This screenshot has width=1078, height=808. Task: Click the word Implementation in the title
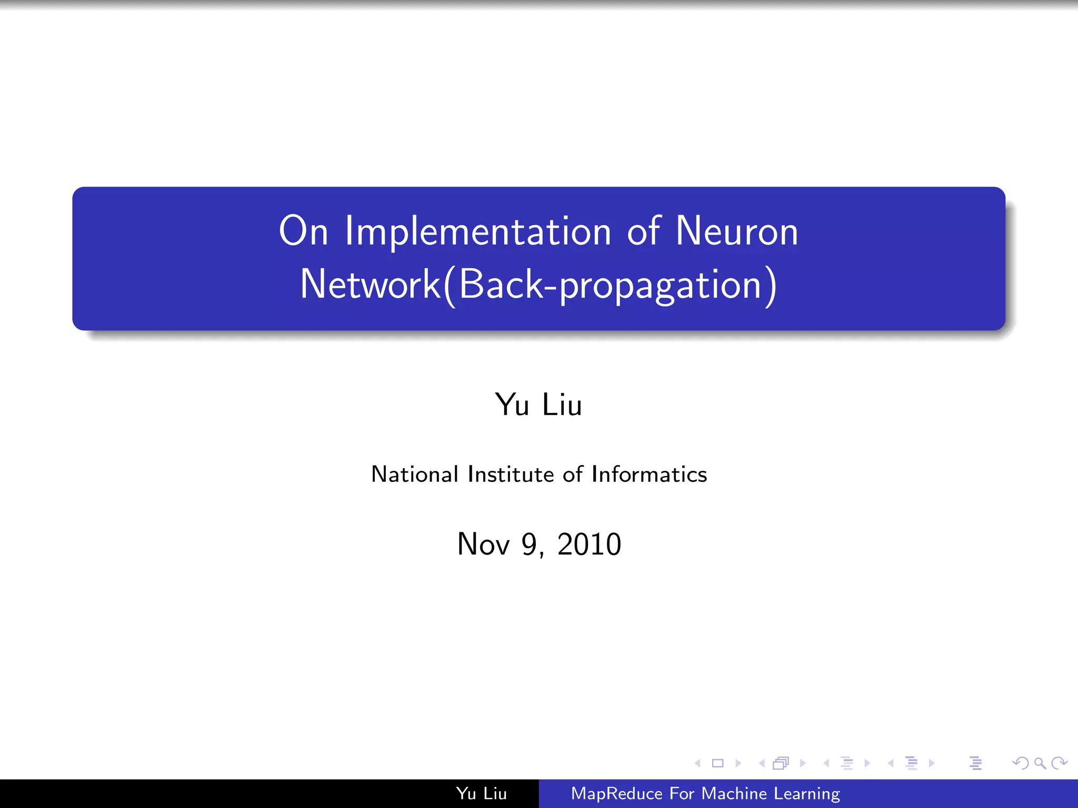(x=477, y=231)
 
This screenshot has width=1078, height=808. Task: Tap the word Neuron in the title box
(x=736, y=231)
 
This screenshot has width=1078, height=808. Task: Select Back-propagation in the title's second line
(x=611, y=285)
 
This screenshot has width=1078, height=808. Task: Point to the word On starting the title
(x=303, y=231)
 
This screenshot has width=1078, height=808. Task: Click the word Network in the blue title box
(x=370, y=285)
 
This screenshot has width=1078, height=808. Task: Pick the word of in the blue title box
(x=643, y=231)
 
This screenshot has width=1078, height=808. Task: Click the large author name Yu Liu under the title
(x=538, y=405)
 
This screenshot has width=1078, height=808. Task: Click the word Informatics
(x=649, y=474)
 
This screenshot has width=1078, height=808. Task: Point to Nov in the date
(x=483, y=544)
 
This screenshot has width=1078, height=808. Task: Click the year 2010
(x=589, y=544)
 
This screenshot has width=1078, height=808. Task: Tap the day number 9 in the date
(x=529, y=544)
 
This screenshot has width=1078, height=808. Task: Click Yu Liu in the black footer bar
(x=481, y=794)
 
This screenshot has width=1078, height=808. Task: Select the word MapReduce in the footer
(x=616, y=794)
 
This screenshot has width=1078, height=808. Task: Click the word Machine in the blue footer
(x=734, y=794)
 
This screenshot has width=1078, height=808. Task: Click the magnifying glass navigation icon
(x=1040, y=763)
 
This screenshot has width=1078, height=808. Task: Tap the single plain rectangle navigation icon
(x=717, y=763)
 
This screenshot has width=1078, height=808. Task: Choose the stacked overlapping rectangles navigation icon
(x=781, y=763)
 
